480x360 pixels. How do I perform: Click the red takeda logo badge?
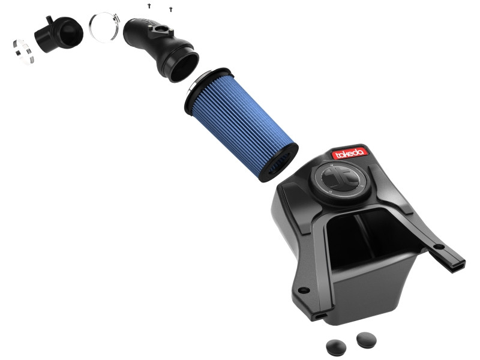click(x=348, y=153)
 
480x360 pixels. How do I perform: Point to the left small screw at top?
click(x=148, y=5)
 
